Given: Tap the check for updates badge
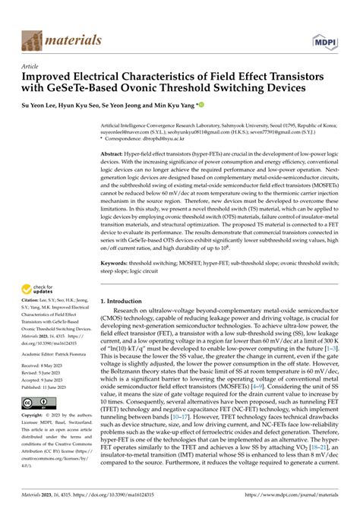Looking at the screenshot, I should [43, 289].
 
